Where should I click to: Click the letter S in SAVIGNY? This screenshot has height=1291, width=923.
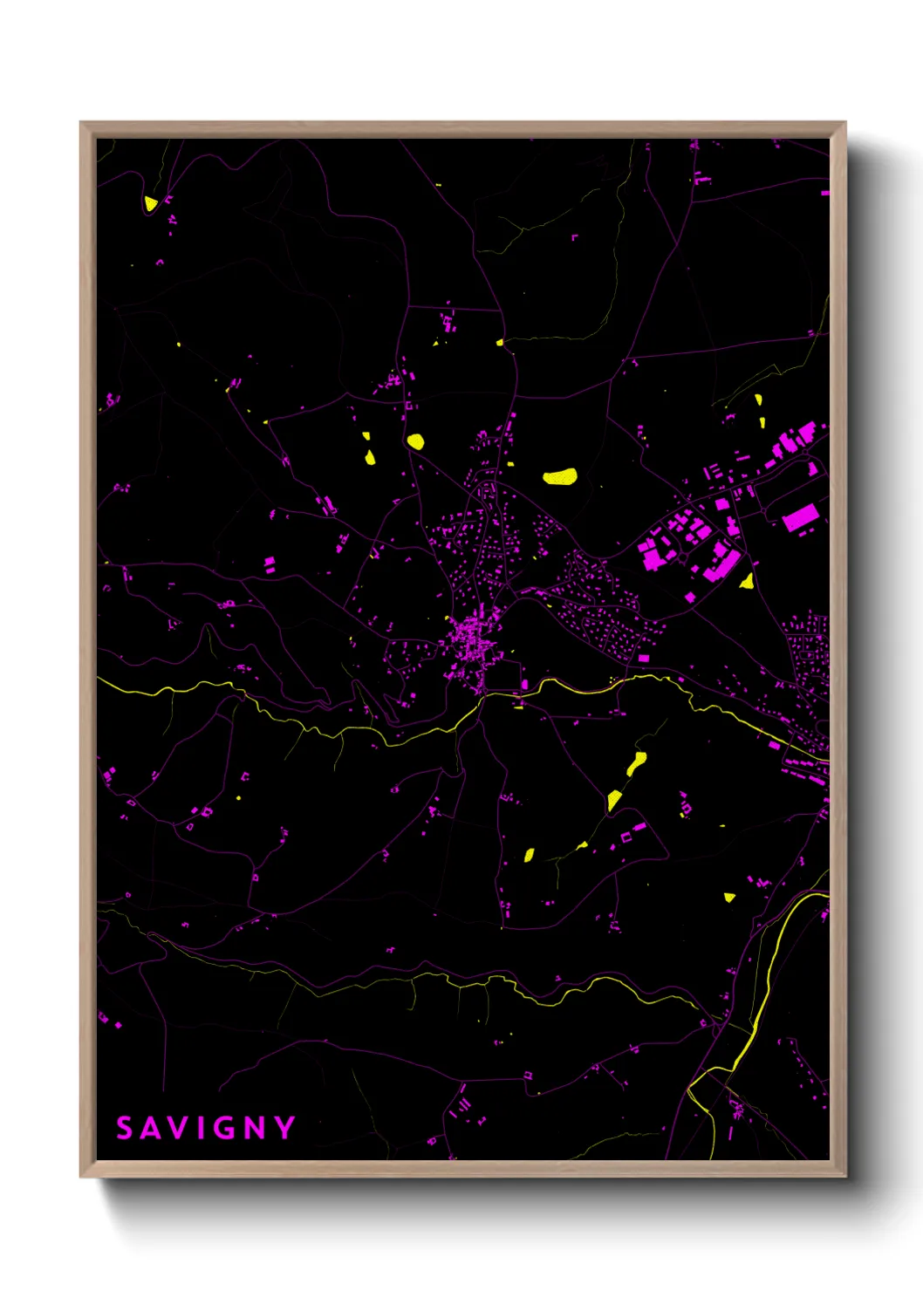tap(125, 1128)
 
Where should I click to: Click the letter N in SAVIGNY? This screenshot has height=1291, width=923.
tap(255, 1128)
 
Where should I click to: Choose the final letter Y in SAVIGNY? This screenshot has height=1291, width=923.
tap(285, 1128)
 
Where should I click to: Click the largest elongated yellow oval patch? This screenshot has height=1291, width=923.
tap(560, 476)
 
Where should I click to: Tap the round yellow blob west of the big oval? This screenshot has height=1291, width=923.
tap(415, 441)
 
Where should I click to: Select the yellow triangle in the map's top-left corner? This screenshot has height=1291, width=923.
tap(150, 203)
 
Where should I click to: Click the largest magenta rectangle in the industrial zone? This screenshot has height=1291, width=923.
tap(799, 518)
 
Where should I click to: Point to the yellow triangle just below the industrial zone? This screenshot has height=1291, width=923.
tap(747, 581)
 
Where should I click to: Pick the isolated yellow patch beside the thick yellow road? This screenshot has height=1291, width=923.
tap(729, 897)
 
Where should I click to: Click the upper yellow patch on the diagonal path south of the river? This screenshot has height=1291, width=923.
tap(637, 762)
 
